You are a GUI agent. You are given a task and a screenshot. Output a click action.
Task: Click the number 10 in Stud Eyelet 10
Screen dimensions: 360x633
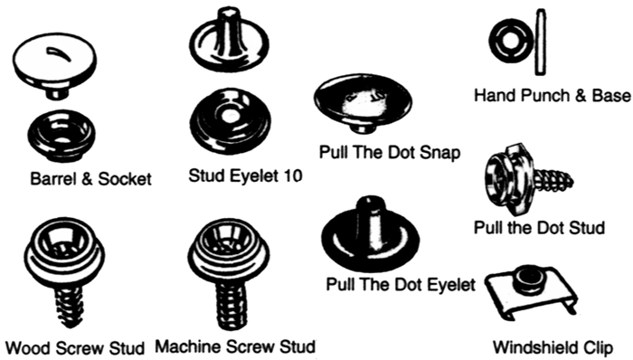pyautogui.click(x=292, y=174)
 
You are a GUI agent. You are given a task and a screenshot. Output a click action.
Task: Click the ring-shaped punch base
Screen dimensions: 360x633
pyautogui.click(x=504, y=40)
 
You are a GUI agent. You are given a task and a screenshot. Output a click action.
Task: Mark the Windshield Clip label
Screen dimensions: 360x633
pyautogui.click(x=552, y=346)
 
